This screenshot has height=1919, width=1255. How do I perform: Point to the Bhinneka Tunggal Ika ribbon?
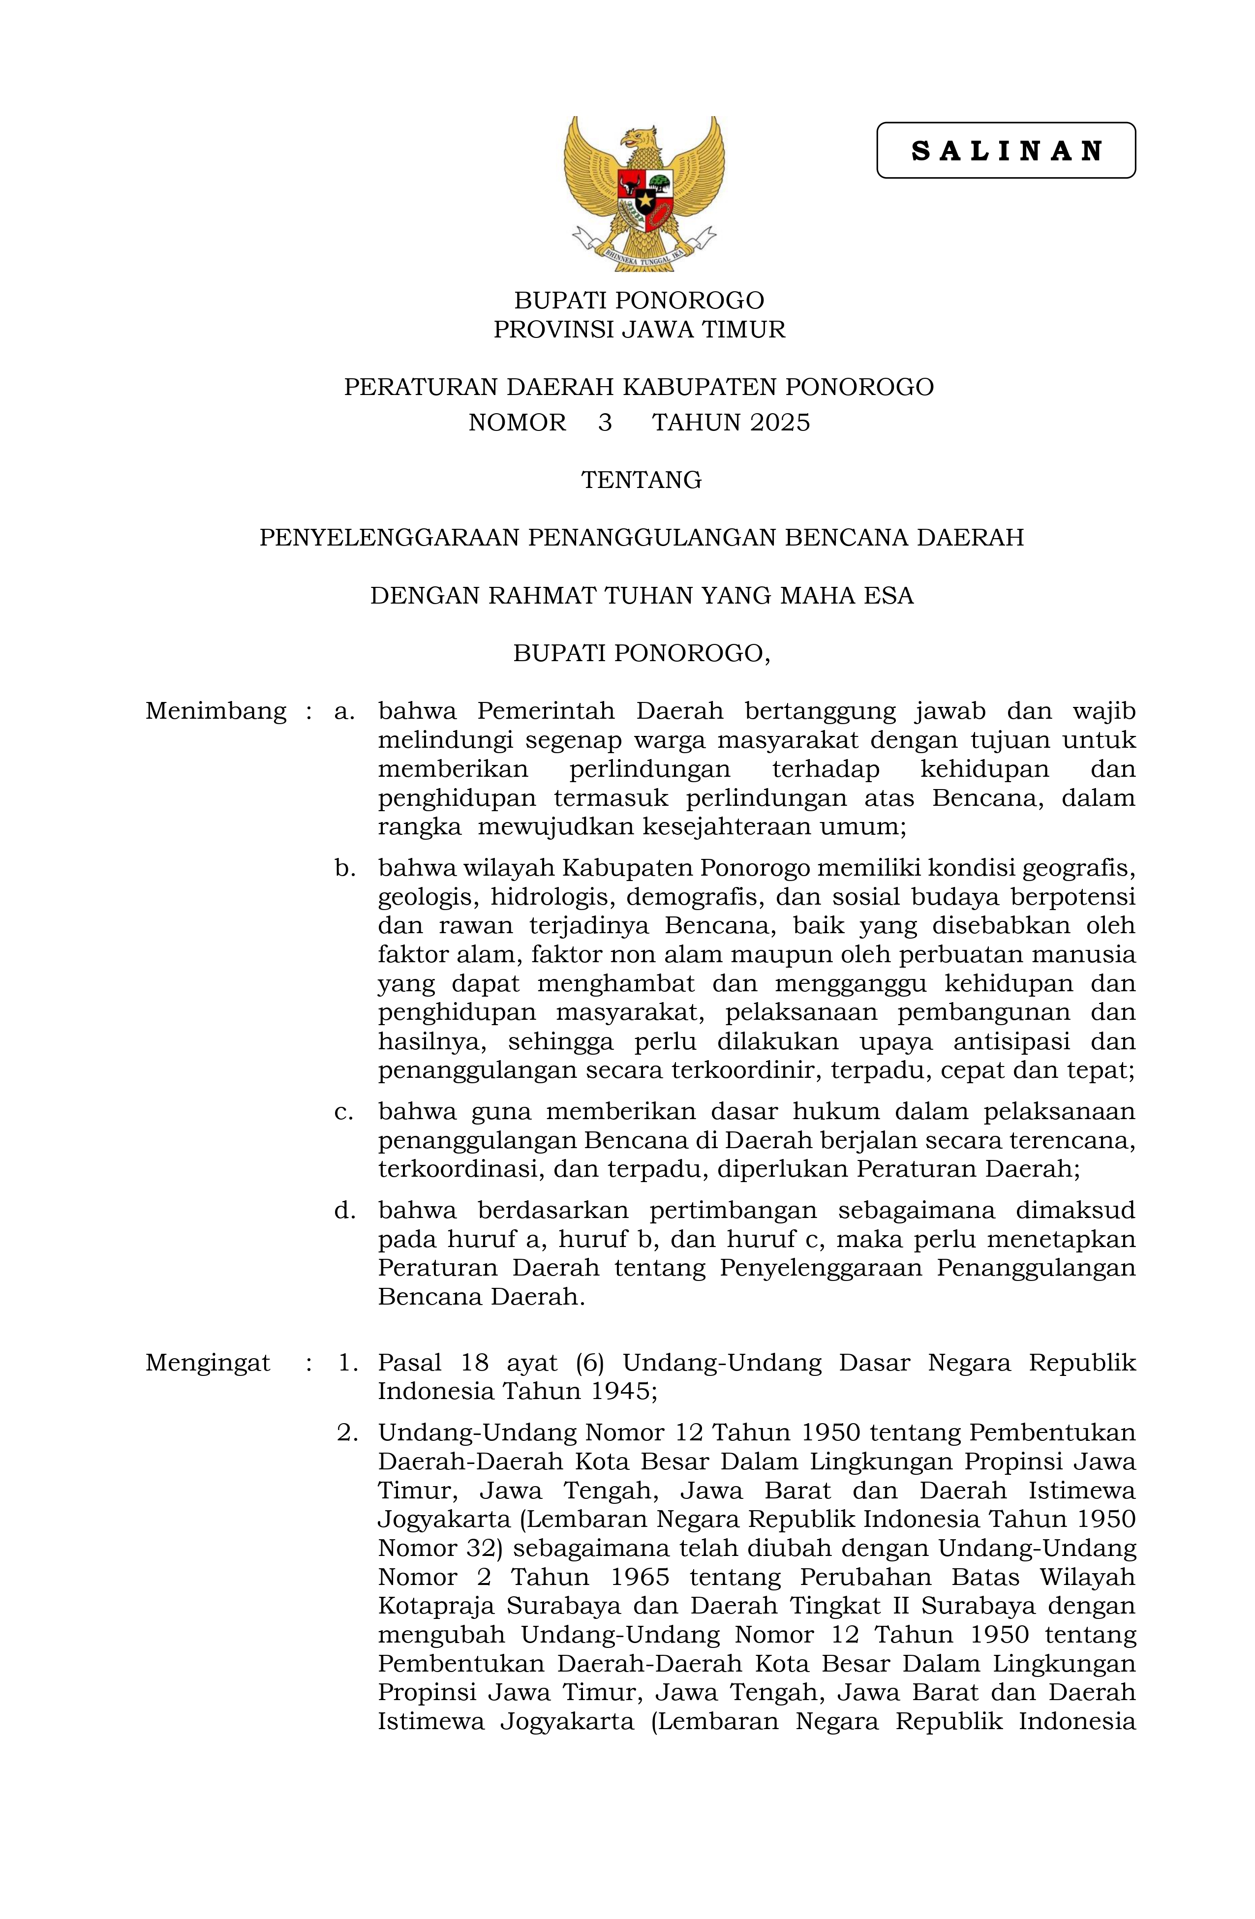[x=643, y=256]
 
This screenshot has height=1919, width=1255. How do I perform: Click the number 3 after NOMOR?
[x=605, y=423]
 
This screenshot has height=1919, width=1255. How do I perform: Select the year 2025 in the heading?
[x=779, y=423]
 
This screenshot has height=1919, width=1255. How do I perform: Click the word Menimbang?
[x=215, y=711]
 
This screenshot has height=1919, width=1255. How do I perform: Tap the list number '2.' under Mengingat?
[x=347, y=1433]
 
